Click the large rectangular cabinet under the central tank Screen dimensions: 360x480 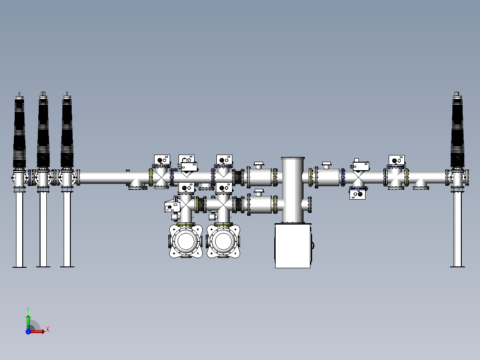pyautogui.click(x=293, y=245)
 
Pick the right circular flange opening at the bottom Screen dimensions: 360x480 pyautogui.click(x=222, y=241)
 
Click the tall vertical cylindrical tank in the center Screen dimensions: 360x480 pyautogui.click(x=293, y=189)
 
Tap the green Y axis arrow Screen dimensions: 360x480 pyautogui.click(x=28, y=320)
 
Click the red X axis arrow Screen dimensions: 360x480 pyautogui.click(x=38, y=331)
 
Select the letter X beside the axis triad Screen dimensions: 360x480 pyautogui.click(x=48, y=330)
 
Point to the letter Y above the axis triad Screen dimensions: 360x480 pyautogui.click(x=28, y=309)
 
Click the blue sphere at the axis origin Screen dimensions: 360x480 pyautogui.click(x=28, y=331)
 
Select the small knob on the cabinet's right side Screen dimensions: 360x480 pyautogui.click(x=313, y=245)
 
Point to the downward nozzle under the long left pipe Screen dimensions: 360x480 pyautogui.click(x=138, y=185)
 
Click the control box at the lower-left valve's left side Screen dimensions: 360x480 pyautogui.click(x=172, y=206)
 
